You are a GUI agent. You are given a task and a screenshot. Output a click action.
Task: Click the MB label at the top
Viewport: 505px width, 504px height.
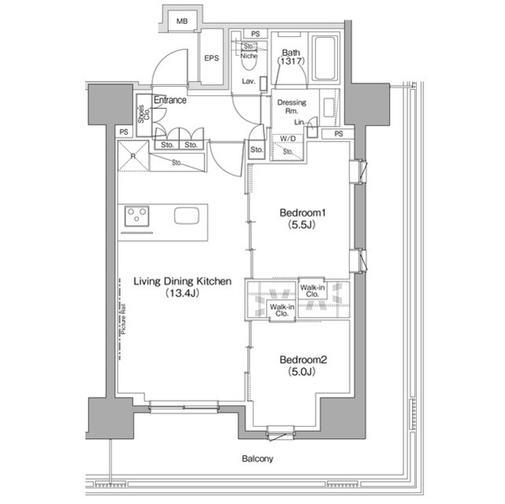click(x=182, y=21)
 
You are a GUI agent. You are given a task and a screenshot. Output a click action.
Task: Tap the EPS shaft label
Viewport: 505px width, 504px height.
click(x=211, y=58)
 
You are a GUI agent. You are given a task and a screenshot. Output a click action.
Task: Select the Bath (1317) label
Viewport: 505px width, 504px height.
click(x=290, y=58)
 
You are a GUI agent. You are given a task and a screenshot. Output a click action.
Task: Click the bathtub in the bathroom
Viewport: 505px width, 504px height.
click(x=324, y=59)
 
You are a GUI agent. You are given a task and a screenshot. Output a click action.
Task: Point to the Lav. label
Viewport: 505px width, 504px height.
click(x=248, y=82)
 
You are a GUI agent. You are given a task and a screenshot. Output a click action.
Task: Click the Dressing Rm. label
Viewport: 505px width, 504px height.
click(x=291, y=106)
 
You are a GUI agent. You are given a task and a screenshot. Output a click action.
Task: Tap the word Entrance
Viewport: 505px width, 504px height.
click(x=170, y=100)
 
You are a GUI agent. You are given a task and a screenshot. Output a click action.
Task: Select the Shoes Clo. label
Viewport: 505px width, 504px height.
click(x=143, y=115)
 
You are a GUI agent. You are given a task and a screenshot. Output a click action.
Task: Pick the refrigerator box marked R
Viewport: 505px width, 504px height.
click(x=133, y=155)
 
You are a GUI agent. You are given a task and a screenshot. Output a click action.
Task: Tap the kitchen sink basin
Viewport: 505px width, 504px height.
click(x=187, y=216)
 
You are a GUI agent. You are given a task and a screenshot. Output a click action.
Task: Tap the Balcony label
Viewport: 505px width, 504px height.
click(x=257, y=458)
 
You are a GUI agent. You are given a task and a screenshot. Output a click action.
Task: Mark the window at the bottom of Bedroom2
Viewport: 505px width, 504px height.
click(x=282, y=431)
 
